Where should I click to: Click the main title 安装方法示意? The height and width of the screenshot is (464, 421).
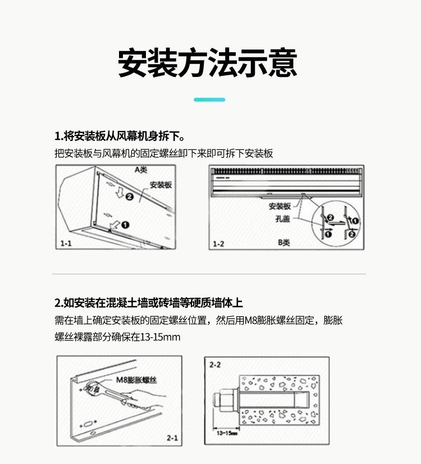click(208, 63)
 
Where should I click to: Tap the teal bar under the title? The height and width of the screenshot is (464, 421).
click(209, 100)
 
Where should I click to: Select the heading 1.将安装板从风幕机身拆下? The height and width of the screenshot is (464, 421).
click(120, 136)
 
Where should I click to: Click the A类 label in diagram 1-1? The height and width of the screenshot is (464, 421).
click(141, 170)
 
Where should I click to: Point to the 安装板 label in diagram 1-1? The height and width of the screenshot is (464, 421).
click(161, 185)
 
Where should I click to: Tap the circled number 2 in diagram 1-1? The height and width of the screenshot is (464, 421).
click(130, 197)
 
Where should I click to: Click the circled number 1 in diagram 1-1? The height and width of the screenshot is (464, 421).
click(125, 225)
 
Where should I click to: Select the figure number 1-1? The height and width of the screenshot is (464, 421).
click(66, 243)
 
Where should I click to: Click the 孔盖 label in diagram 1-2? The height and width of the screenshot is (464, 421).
click(282, 219)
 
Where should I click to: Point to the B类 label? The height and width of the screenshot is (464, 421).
click(283, 243)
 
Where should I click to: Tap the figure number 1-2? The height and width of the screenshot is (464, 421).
click(218, 244)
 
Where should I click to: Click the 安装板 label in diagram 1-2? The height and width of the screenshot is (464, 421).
click(280, 206)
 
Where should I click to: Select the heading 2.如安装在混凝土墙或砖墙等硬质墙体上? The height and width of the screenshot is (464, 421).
click(148, 303)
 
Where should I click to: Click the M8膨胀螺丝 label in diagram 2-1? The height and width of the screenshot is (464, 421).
click(136, 380)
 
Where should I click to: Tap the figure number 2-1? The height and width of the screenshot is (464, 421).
click(172, 438)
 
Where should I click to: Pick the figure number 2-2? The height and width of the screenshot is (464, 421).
click(215, 365)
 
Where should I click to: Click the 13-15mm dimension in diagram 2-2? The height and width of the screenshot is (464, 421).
click(227, 433)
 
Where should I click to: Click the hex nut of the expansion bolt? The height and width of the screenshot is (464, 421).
click(227, 401)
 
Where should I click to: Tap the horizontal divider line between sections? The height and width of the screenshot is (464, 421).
click(209, 274)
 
